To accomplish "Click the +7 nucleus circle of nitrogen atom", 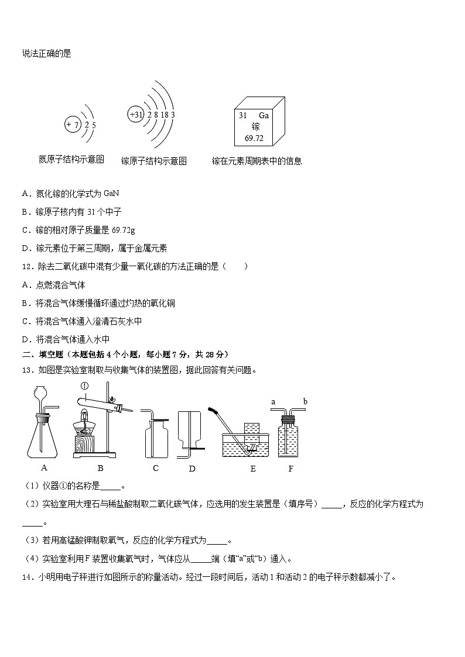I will pos(73,125).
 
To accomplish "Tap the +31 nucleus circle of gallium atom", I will pos(136,115).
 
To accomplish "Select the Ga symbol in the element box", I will pos(264,116).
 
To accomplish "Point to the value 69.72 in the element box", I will pos(254,139).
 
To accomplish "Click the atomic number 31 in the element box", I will pos(242,116).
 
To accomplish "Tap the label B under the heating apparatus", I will pos(100,467).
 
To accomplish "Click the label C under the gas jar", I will pos(156,467).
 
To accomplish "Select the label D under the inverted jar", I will pos(192,469).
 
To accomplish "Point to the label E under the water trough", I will pos(253,469).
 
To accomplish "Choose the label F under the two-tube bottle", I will pos(290,469).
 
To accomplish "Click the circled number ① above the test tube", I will pos(84,386).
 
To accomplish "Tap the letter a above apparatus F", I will pos(273,401).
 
